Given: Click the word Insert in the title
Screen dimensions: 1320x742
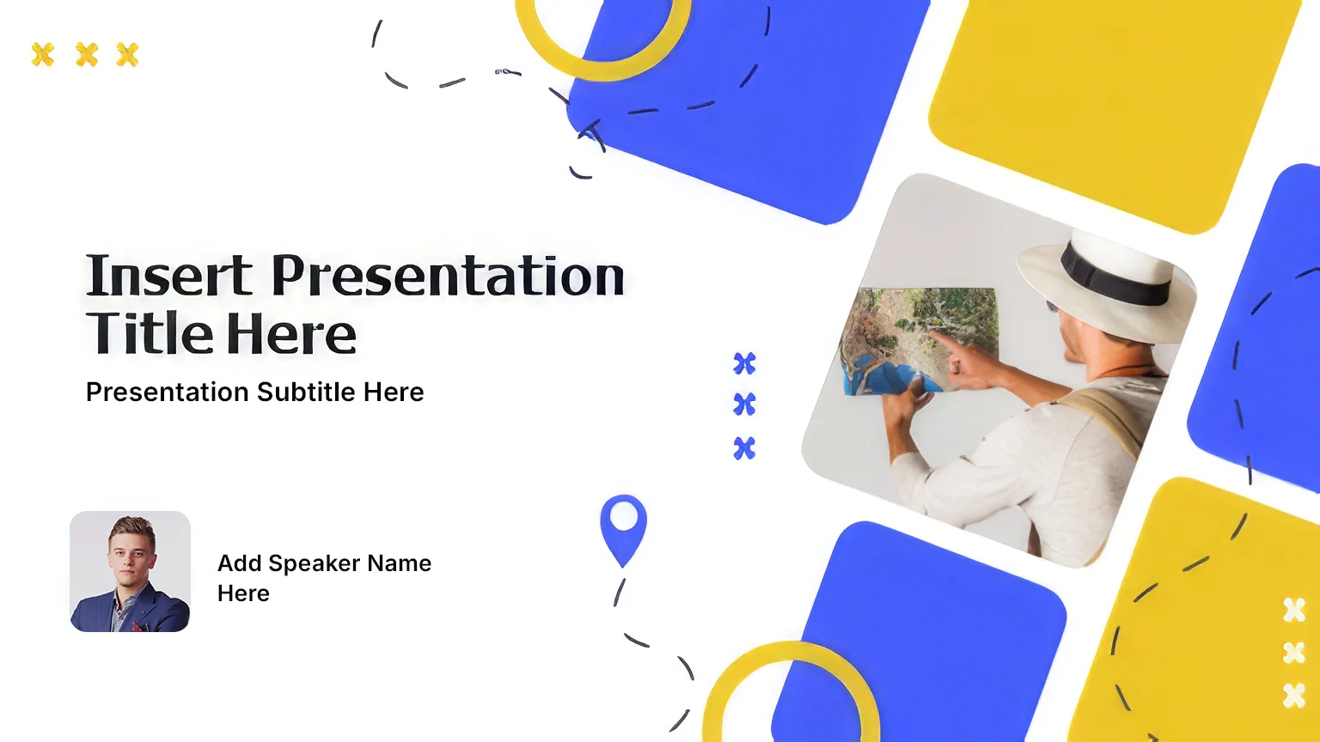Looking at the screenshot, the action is click(x=169, y=275).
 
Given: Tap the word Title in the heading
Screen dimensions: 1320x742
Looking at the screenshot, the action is click(x=150, y=333).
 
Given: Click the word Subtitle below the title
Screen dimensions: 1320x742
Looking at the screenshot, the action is click(x=307, y=392).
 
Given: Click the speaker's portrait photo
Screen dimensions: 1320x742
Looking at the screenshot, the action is click(x=131, y=571).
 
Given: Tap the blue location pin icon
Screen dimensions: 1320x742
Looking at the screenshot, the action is click(x=623, y=530).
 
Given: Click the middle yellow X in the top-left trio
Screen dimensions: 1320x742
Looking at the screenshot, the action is click(x=87, y=55).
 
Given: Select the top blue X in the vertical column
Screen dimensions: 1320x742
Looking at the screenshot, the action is click(x=744, y=363).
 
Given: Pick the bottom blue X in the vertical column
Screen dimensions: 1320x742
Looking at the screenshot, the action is click(x=744, y=448).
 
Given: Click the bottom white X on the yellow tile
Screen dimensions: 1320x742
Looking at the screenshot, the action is click(x=1293, y=696).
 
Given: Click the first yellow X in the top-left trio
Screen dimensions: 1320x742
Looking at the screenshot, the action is click(x=42, y=55).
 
